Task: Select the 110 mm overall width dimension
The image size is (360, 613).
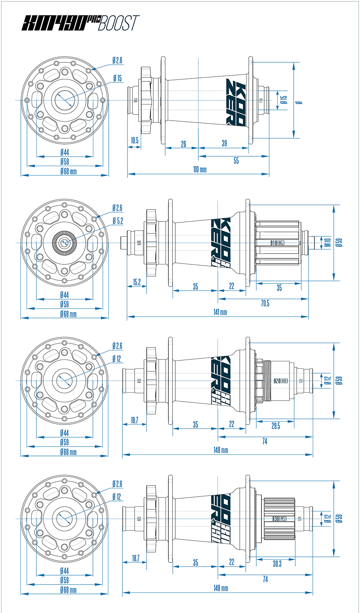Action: point(200,169)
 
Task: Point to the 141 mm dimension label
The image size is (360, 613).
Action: point(220,312)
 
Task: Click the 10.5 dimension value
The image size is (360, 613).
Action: point(135,140)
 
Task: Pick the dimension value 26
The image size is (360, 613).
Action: point(184,144)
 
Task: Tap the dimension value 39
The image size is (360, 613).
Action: point(224,143)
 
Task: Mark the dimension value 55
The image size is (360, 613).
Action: point(236,161)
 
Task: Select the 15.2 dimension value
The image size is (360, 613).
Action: point(137,282)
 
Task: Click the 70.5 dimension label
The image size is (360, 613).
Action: point(265,304)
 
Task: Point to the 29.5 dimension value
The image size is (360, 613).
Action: point(276,426)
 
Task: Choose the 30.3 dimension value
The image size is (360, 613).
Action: point(277,564)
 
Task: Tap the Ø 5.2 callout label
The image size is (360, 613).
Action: point(117,221)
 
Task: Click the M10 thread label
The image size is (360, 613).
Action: point(327,243)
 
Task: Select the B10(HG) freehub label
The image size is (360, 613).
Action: point(277,243)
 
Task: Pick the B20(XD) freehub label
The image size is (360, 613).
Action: point(280,381)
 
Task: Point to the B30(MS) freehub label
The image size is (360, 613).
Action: point(279,519)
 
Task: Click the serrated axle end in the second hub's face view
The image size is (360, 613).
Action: point(64,242)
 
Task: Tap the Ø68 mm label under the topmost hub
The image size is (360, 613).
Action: point(68,171)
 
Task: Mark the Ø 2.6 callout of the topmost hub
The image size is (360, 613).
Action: point(117,60)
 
